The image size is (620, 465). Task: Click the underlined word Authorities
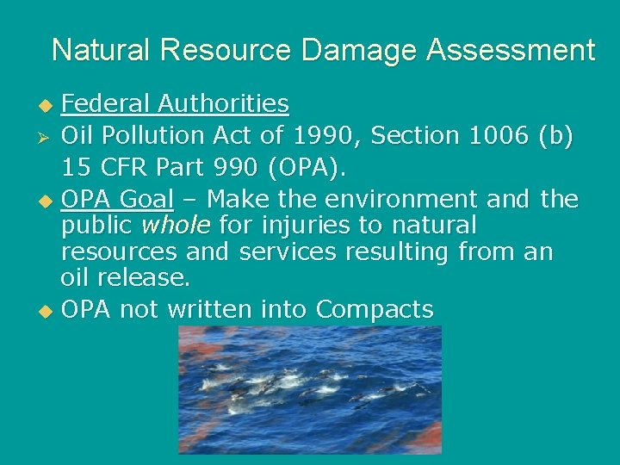point(223,104)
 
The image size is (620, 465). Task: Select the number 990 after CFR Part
point(233,167)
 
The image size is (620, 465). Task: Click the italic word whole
point(176,226)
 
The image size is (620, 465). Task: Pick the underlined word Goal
point(146,199)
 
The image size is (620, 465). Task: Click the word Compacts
point(375,309)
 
